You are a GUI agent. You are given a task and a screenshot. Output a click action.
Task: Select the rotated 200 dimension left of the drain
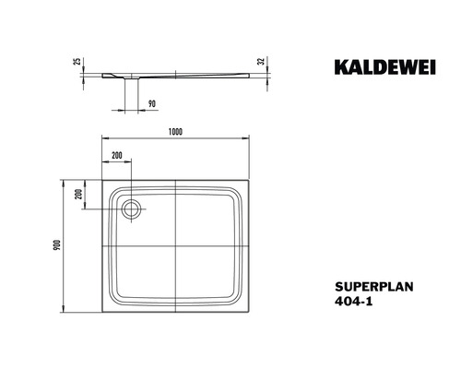point(80,195)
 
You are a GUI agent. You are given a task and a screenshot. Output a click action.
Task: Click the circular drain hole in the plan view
point(130,208)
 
